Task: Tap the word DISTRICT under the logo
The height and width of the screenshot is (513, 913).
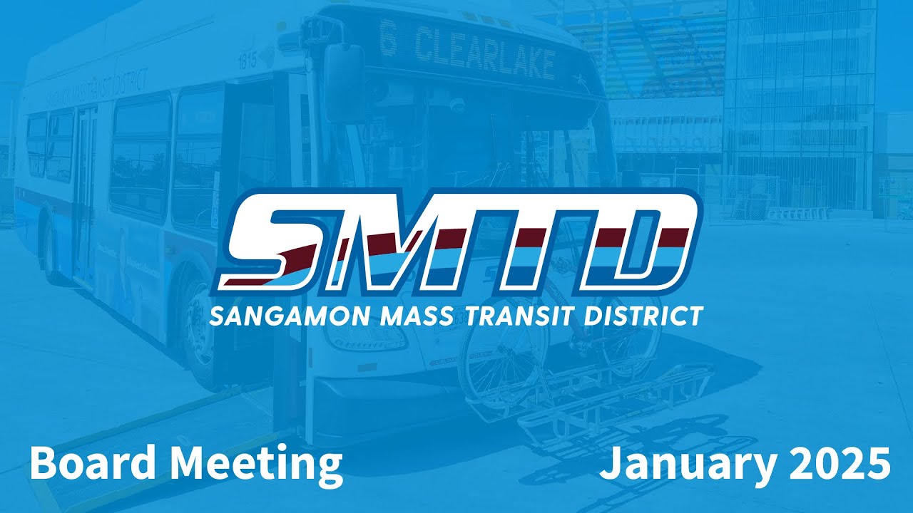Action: point(643,316)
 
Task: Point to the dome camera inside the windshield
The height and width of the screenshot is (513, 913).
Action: point(456,106)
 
